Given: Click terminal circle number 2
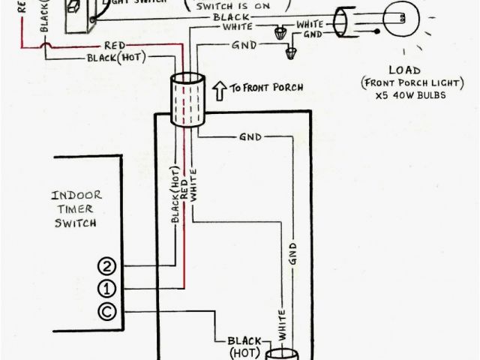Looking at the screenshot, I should click(106, 266).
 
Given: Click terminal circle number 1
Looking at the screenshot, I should click(106, 288).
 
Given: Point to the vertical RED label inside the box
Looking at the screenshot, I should click(184, 190).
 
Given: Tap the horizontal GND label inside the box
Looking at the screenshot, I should click(250, 138).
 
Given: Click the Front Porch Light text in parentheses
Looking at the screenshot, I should click(393, 82).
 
